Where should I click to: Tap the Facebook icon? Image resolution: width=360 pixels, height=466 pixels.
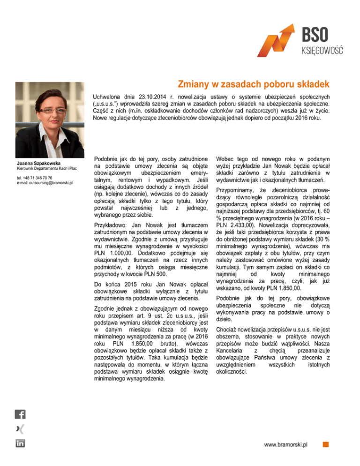click(21, 414)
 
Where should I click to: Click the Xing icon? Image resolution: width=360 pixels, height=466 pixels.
click(21, 428)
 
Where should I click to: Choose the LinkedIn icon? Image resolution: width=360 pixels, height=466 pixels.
click(21, 443)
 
